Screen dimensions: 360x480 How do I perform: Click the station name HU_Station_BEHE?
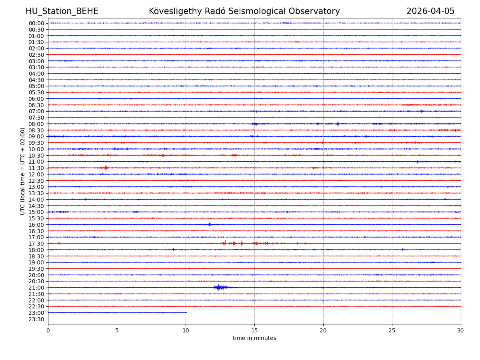[x=62, y=11]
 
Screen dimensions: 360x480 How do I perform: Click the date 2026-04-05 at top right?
[x=430, y=11]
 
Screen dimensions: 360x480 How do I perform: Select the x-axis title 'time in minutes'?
[x=254, y=338]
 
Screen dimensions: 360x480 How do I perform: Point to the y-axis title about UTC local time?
[x=23, y=171]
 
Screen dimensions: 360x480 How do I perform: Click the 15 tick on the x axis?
[x=254, y=331]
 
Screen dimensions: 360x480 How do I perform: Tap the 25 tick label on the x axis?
[x=392, y=331]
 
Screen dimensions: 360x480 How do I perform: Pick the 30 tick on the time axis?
[x=461, y=331]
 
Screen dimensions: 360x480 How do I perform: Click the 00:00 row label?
[x=36, y=23]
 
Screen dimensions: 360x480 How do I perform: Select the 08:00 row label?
[x=36, y=124]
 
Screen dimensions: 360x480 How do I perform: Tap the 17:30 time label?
[x=36, y=244]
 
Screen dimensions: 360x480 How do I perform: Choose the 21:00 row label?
[x=36, y=288]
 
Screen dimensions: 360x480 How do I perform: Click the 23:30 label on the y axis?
[x=36, y=319]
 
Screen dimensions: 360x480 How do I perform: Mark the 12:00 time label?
[x=36, y=174]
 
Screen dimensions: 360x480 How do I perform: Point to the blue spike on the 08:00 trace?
[x=338, y=124]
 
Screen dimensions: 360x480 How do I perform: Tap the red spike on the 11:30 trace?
[x=106, y=168]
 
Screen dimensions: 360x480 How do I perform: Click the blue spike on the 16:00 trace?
[x=210, y=224]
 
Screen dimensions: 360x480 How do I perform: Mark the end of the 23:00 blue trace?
[x=186, y=312]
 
